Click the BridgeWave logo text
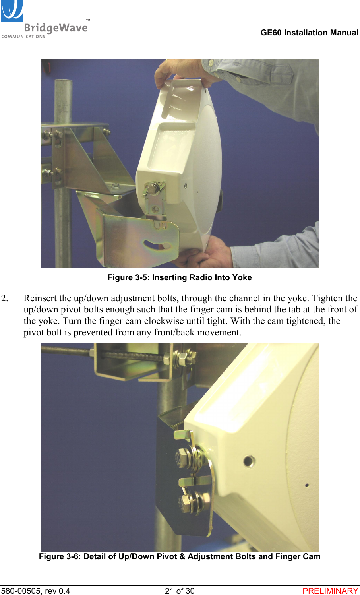click(x=56, y=28)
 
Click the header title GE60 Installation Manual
click(x=309, y=33)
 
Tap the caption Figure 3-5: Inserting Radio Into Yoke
click(x=180, y=277)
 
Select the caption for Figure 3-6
click(x=180, y=556)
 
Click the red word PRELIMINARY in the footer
click(x=330, y=591)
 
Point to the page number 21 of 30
click(x=180, y=591)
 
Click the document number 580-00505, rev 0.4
click(x=35, y=591)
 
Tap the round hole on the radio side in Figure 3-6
click(x=249, y=461)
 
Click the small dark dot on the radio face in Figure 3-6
click(x=307, y=485)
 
